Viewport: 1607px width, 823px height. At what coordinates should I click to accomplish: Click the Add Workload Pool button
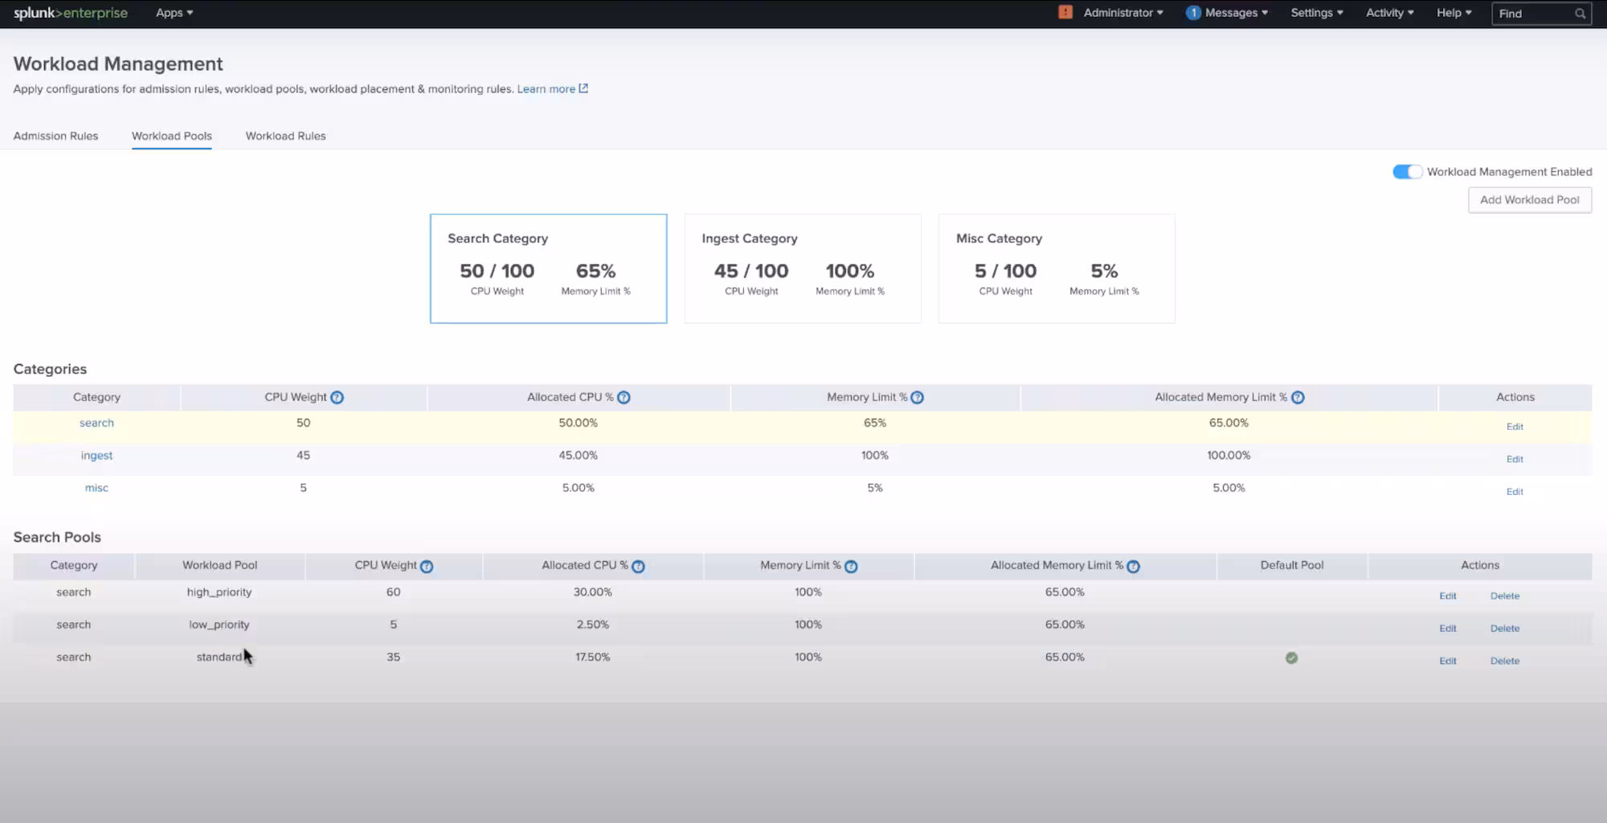pyautogui.click(x=1529, y=200)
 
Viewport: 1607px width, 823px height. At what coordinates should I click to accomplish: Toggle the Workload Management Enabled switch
pyautogui.click(x=1407, y=172)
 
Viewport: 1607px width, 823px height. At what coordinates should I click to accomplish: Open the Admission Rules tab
pyautogui.click(x=55, y=136)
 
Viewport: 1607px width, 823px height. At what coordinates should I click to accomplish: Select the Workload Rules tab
pyautogui.click(x=285, y=136)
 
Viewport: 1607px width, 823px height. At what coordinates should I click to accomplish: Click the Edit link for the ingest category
pyautogui.click(x=1515, y=459)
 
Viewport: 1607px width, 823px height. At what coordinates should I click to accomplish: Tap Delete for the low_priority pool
pyautogui.click(x=1504, y=629)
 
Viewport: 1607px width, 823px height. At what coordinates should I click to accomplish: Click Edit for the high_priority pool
pyautogui.click(x=1447, y=596)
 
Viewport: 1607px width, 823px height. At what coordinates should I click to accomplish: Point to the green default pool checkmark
pyautogui.click(x=1291, y=658)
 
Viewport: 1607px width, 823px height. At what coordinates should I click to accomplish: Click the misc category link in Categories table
pyautogui.click(x=96, y=488)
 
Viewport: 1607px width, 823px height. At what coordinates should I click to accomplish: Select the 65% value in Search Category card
pyautogui.click(x=595, y=272)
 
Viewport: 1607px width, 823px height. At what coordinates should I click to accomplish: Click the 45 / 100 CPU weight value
pyautogui.click(x=750, y=272)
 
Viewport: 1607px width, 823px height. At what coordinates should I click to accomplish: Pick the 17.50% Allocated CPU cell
pyautogui.click(x=592, y=657)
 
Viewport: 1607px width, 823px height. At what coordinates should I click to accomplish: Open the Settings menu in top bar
pyautogui.click(x=1316, y=13)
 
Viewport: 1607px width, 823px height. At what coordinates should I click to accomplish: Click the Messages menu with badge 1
pyautogui.click(x=1227, y=13)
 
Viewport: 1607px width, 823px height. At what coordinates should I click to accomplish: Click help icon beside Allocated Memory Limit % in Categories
pyautogui.click(x=1298, y=398)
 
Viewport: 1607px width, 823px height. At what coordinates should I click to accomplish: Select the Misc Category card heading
pyautogui.click(x=999, y=239)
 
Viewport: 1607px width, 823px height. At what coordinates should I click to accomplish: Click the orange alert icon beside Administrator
pyautogui.click(x=1065, y=12)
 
